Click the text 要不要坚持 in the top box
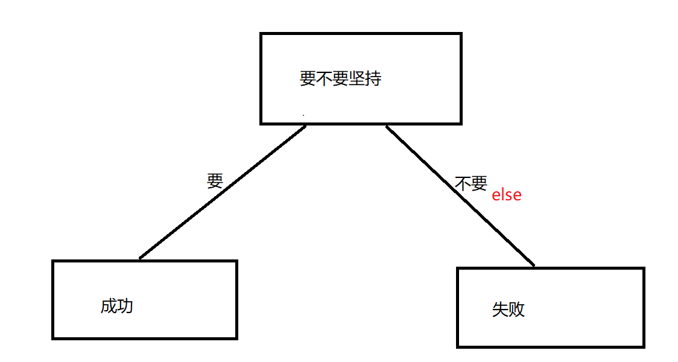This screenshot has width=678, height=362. [x=340, y=78]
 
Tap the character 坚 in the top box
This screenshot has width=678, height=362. [x=356, y=78]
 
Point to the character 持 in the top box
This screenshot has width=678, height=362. [x=373, y=78]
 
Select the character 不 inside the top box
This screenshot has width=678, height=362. [x=324, y=78]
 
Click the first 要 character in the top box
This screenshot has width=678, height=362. [x=308, y=78]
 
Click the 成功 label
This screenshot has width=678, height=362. [x=117, y=306]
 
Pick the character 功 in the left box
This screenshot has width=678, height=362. [x=125, y=306]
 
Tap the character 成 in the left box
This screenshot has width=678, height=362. [x=109, y=306]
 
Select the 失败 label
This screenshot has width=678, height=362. [x=508, y=310]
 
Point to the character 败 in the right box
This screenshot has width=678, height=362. [x=517, y=310]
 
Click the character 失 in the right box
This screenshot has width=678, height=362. [x=501, y=310]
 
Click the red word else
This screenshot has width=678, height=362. [x=506, y=195]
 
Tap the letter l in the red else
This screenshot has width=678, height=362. [x=503, y=195]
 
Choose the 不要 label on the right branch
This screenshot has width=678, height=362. [x=470, y=183]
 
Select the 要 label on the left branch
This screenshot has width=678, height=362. [x=215, y=180]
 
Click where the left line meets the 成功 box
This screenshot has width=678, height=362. [x=140, y=259]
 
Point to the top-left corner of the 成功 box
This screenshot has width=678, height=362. [x=53, y=261]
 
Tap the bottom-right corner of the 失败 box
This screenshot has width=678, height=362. [x=644, y=346]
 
